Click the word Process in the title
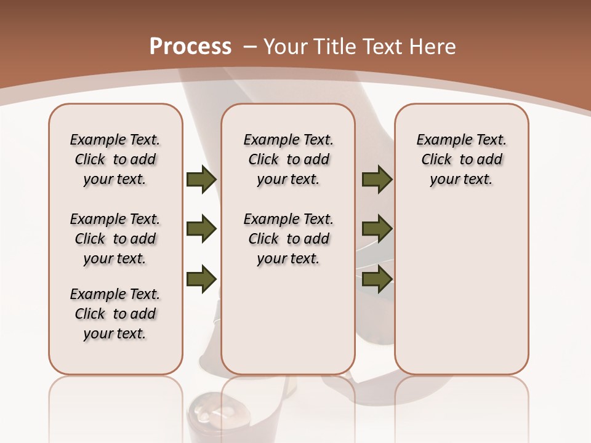point(190,47)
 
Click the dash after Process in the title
point(250,47)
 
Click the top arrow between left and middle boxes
point(201,179)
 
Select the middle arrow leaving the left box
point(201,229)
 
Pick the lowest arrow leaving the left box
point(201,279)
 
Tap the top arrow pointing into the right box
point(377,179)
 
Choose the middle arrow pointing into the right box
point(377,229)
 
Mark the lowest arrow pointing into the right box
point(377,279)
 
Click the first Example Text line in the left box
point(115,140)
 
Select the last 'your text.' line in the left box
point(115,333)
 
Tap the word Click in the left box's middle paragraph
point(90,239)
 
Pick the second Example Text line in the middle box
point(288,219)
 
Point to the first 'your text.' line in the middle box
point(288,179)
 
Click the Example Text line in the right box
point(461,140)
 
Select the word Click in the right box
point(436,159)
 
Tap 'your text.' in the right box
point(461,179)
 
